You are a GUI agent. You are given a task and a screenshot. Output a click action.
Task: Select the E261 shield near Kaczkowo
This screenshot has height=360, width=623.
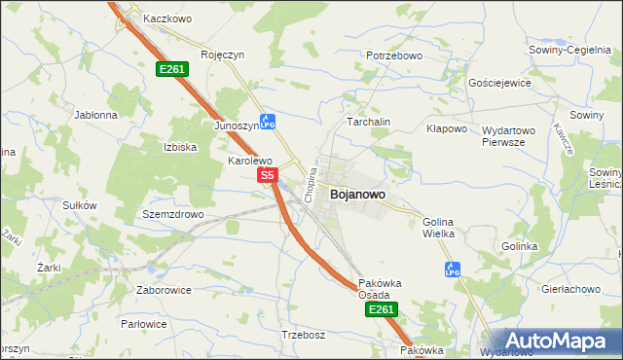[172, 69]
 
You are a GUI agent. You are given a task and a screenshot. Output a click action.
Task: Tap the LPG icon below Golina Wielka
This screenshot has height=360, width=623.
[452, 269]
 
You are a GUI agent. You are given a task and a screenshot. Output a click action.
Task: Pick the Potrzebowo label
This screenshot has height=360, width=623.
[393, 56]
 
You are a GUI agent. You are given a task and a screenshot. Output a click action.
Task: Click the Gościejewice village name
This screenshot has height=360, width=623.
[499, 83]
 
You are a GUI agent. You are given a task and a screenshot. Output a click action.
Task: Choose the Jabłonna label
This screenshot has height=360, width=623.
[95, 114]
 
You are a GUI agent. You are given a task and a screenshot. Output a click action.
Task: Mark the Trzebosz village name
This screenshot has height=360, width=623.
[302, 335]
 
